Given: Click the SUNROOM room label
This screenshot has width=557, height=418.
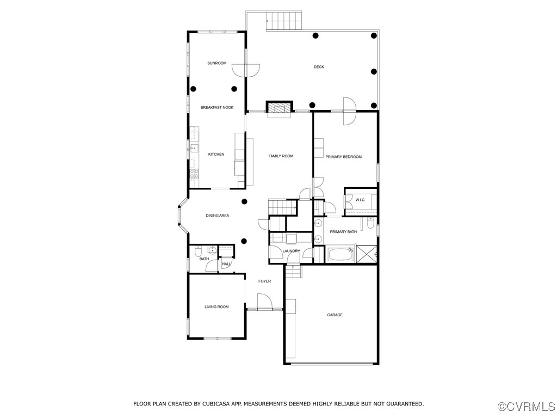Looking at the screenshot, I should (x=216, y=63).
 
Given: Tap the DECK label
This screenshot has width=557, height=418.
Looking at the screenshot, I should (x=319, y=67).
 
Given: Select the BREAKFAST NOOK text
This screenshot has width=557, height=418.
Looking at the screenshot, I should (x=216, y=108).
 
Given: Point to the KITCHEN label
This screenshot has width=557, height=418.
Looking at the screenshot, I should (x=216, y=155).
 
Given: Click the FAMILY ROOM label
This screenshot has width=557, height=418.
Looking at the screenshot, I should (x=281, y=156).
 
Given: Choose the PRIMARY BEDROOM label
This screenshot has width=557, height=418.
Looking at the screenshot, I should (x=343, y=157).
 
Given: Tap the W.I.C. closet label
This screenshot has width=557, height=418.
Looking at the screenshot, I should (x=360, y=200).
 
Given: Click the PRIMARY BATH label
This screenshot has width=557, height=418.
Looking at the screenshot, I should (x=343, y=232).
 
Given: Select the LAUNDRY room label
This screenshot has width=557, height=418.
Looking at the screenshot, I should (x=291, y=251).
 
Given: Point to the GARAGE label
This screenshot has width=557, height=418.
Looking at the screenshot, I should (x=335, y=315).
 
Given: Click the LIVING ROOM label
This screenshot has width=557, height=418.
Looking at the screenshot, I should (x=216, y=307).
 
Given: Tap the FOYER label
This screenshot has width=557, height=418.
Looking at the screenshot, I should (x=264, y=281).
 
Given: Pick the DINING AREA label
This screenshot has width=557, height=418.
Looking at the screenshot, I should (x=217, y=216).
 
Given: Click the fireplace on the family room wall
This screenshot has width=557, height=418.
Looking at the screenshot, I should (x=280, y=108).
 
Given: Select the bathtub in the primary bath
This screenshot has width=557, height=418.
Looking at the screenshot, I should (x=340, y=254).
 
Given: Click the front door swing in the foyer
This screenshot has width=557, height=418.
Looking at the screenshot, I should (x=264, y=301).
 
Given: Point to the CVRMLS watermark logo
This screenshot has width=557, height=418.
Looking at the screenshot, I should (x=527, y=407).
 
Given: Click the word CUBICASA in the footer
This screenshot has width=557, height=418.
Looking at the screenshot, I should (x=215, y=404).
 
